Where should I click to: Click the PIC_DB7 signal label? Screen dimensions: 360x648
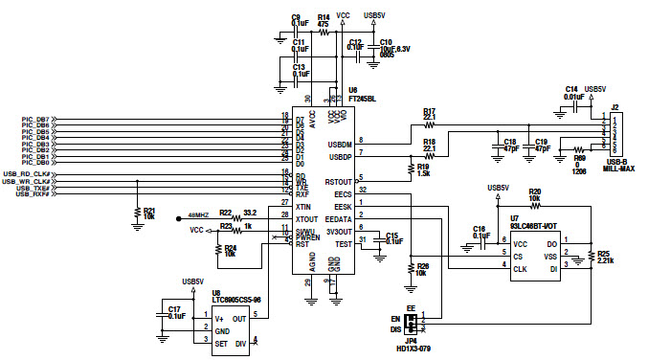tap(36, 119)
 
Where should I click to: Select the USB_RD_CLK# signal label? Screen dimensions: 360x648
tap(26, 174)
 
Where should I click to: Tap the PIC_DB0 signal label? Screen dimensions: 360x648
tap(36, 162)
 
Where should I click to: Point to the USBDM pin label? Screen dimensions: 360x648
tap(340, 144)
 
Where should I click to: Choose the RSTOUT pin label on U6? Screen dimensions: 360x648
tap(339, 181)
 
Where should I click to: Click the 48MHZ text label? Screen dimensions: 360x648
tap(198, 215)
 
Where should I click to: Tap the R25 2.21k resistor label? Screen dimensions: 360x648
tap(602, 257)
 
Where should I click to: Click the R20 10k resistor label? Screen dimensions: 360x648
tap(534, 195)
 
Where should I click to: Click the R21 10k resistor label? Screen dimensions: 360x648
tap(148, 214)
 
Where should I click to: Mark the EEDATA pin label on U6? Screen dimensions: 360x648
tap(340, 218)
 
